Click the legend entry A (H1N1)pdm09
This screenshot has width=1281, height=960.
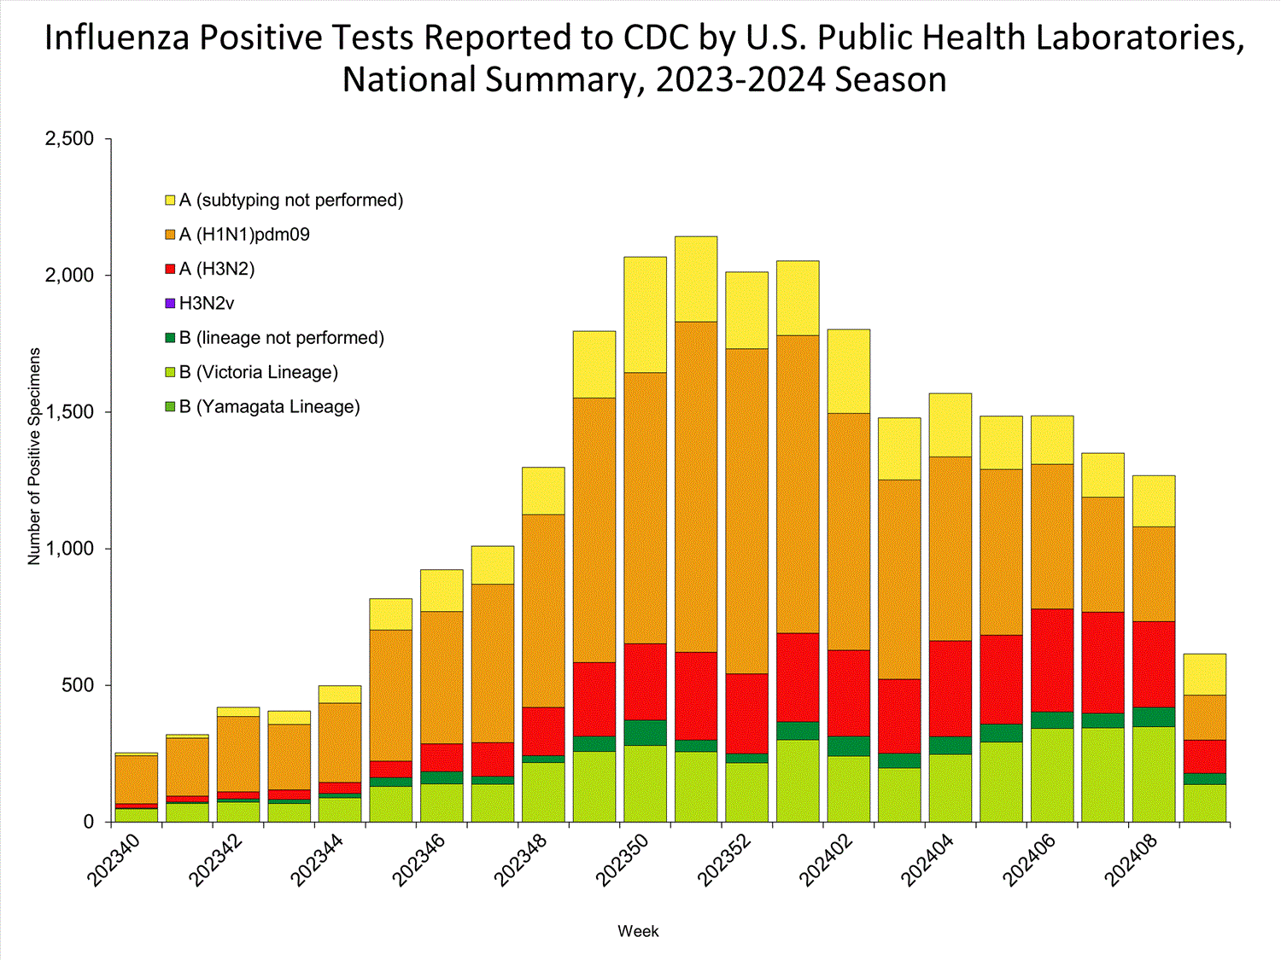tap(244, 235)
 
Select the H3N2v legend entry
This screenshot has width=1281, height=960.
tap(207, 304)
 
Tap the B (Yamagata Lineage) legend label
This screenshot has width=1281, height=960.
tap(269, 407)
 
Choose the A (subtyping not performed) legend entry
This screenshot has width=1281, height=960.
tap(290, 201)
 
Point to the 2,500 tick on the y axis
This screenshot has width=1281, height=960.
tap(69, 139)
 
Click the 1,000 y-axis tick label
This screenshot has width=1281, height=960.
tap(69, 549)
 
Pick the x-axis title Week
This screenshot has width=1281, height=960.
tap(638, 932)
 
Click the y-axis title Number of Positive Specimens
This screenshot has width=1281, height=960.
tap(35, 456)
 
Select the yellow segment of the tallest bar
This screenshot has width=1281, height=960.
tap(695, 279)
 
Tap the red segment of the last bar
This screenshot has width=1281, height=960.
tap(1204, 756)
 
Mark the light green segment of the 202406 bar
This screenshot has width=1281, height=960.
tap(1052, 775)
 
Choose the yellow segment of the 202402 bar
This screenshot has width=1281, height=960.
tap(848, 371)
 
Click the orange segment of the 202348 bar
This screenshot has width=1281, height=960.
tap(543, 610)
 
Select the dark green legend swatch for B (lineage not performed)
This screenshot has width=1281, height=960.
tap(170, 338)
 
